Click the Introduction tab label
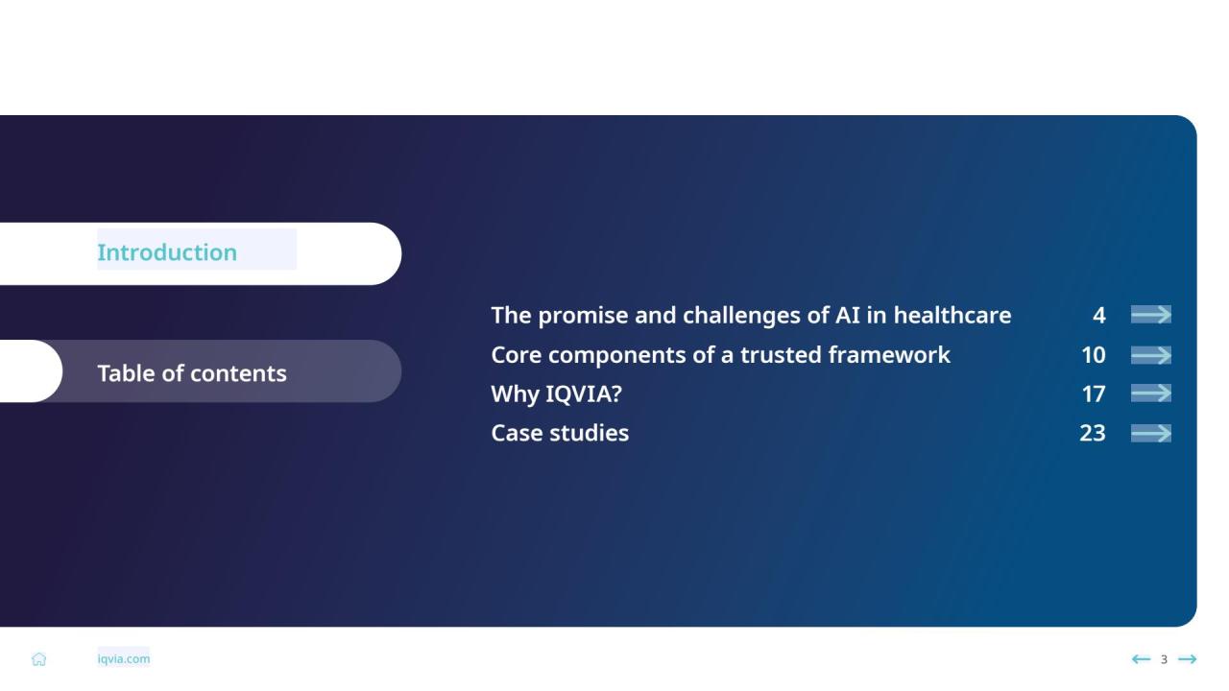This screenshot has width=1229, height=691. point(167,252)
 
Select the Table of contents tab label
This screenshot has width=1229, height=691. point(192,373)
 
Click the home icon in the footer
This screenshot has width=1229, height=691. point(39,658)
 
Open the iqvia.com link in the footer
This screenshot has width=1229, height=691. point(124,658)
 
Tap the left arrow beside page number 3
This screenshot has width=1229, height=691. point(1142,658)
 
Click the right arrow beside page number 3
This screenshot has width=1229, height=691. point(1188,658)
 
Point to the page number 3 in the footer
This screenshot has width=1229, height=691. point(1164,659)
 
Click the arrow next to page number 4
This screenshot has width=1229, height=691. point(1151,315)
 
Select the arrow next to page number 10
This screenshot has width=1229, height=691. point(1151,355)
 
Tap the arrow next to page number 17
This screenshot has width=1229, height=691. point(1151,393)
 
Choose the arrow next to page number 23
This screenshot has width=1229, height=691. point(1151,433)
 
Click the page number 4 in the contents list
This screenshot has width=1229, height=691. point(1099,316)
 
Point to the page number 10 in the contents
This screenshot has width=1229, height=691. point(1094,355)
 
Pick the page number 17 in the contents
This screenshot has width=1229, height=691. point(1094,394)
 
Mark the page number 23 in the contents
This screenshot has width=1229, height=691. point(1093,433)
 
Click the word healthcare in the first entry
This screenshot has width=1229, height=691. point(952,316)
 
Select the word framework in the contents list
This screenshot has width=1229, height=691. point(889,355)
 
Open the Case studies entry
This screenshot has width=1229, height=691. point(560,433)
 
